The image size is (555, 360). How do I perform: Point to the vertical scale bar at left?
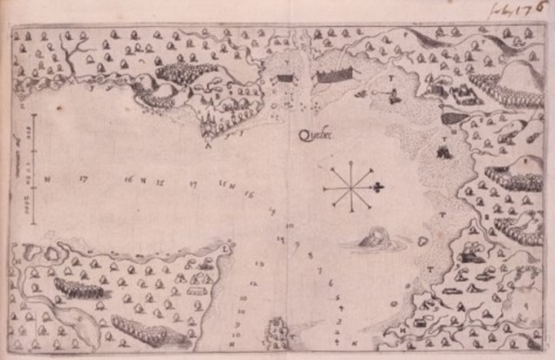[x=34, y=169]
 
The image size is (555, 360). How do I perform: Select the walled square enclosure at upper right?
[x=460, y=90]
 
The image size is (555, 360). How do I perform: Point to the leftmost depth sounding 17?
[x=83, y=179]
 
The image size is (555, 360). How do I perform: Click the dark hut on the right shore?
[x=444, y=152]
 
